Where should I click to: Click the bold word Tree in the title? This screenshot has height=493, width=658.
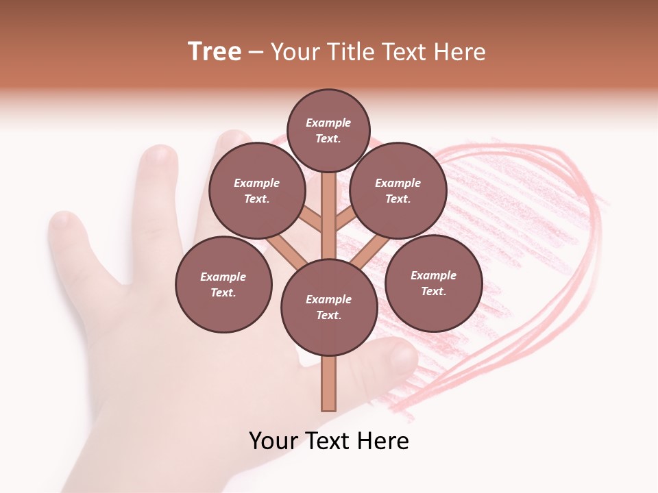pos(215,52)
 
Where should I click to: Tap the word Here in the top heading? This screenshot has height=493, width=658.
pos(459,52)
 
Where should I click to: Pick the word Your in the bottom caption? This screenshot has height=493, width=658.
pos(273,441)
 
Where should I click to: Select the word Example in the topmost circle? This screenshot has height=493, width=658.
pos(328,123)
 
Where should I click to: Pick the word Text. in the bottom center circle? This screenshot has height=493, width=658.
pos(328,315)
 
